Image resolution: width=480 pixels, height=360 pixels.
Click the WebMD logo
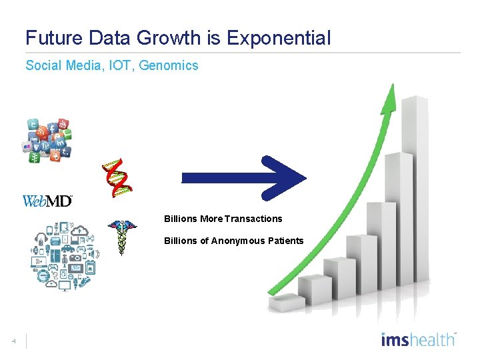point(47,201)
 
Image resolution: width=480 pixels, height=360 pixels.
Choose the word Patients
point(285,241)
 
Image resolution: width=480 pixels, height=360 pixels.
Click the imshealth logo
point(418,339)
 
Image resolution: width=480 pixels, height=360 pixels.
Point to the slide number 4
point(13,342)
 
